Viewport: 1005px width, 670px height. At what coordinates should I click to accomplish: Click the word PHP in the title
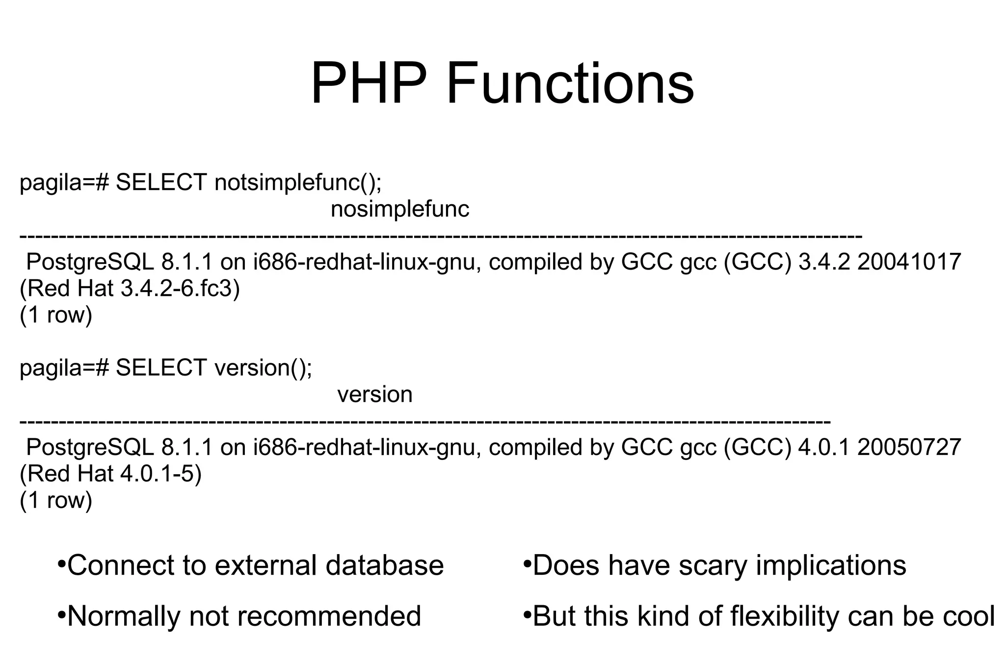tap(368, 83)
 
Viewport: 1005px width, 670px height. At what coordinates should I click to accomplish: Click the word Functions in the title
tap(570, 83)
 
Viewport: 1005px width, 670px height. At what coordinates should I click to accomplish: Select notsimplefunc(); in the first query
tap(298, 183)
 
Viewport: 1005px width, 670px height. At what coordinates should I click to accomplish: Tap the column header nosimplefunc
tap(400, 209)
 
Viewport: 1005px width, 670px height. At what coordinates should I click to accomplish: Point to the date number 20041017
tap(909, 262)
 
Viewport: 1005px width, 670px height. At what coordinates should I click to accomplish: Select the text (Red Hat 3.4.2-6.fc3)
tap(130, 289)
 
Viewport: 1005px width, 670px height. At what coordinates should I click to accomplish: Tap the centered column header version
tap(375, 395)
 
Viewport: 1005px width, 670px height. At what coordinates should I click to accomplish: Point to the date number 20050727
tap(909, 448)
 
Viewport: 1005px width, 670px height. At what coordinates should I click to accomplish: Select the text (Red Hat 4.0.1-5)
tap(110, 474)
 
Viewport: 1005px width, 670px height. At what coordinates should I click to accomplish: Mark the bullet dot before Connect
tap(61, 563)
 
